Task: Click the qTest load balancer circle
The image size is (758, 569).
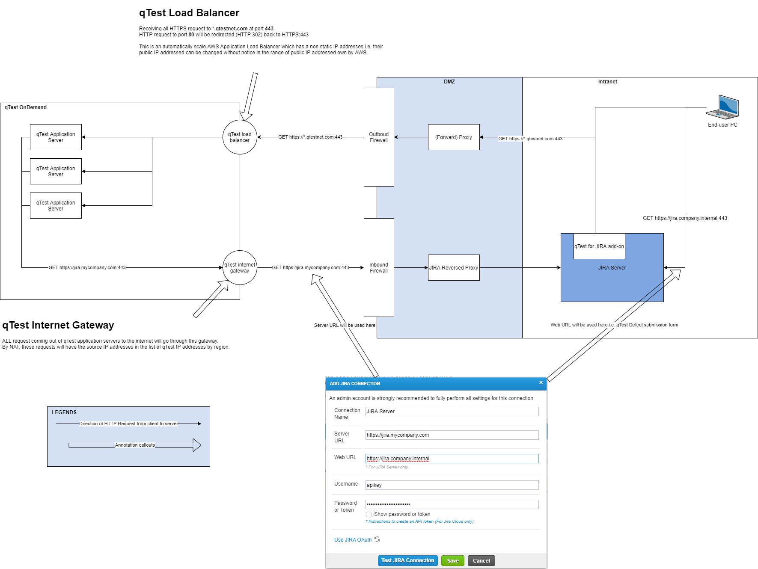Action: pos(240,137)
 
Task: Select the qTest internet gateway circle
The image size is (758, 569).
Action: pos(240,268)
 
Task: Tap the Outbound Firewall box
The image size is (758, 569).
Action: pos(379,137)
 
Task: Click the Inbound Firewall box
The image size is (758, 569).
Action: pos(379,268)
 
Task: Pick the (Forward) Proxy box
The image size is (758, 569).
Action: pos(454,137)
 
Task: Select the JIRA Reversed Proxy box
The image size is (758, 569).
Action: pos(454,268)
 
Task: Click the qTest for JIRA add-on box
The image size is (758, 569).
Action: pos(599,246)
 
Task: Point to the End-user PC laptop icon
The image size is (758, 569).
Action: pos(723,107)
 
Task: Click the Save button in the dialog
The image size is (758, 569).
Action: pos(452,560)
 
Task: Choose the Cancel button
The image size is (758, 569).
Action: pos(481,560)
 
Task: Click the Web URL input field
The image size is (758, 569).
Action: pos(452,459)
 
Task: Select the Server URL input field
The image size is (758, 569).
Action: pos(452,435)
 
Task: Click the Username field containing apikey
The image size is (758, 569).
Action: pos(452,485)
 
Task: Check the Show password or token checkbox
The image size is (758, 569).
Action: pos(369,514)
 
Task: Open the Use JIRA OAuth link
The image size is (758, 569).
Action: pos(353,540)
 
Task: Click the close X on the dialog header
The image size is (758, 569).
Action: pos(541,382)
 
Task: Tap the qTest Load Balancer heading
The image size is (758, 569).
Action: pos(189,13)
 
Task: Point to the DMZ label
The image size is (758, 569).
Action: pos(449,82)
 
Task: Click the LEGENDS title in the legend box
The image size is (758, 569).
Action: pos(64,412)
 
